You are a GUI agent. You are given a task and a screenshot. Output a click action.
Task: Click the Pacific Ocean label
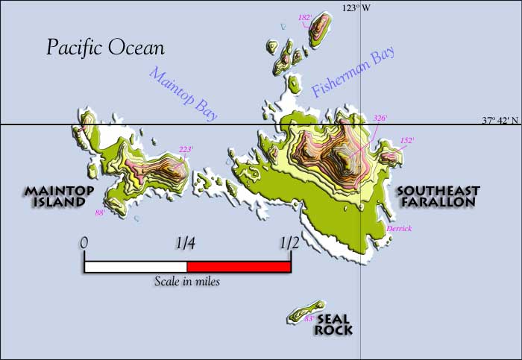click(105, 48)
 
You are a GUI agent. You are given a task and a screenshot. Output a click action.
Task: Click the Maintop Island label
click(59, 197)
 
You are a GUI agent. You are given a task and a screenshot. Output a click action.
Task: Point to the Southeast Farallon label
click(438, 196)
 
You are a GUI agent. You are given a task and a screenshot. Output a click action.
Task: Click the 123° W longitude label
click(356, 7)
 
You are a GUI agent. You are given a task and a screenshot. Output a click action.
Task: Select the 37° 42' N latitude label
click(500, 119)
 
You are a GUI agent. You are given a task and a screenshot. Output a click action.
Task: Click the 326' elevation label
click(380, 119)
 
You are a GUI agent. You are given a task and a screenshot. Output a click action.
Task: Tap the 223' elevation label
click(186, 149)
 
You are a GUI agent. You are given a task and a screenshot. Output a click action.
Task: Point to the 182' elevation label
click(304, 17)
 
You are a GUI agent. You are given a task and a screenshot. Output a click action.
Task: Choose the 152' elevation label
click(407, 139)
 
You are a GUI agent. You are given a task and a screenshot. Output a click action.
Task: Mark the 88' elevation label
click(100, 212)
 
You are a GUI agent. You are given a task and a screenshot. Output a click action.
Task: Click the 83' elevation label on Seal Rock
click(309, 319)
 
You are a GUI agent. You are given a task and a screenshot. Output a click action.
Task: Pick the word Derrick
click(400, 228)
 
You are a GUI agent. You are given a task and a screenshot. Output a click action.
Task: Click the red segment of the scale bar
click(238, 267)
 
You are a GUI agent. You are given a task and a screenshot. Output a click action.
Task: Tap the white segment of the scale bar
click(135, 267)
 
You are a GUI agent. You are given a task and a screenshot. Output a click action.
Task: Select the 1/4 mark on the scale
click(186, 242)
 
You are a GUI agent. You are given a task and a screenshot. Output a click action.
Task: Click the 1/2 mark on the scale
click(289, 242)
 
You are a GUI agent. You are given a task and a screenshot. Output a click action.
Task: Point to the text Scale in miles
click(186, 282)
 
